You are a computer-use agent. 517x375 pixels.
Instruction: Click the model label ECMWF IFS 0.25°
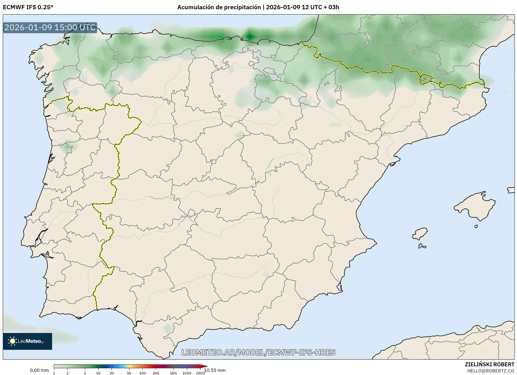tap(28, 7)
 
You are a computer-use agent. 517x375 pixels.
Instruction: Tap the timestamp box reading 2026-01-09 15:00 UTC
tap(50, 27)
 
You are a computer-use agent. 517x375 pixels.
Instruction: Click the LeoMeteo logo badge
tap(27, 341)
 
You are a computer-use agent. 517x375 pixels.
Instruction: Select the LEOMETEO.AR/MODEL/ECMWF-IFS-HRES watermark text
tap(258, 352)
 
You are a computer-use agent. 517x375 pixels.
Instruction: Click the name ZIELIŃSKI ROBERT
tap(489, 364)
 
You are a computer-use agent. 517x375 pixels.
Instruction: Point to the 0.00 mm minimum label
tap(39, 370)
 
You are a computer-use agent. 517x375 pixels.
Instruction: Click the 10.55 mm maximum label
tap(215, 370)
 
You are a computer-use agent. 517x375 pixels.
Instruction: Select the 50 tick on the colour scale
tap(129, 373)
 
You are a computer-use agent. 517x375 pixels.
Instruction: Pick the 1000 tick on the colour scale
tap(187, 373)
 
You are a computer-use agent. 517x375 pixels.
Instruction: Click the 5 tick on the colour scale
tap(85, 373)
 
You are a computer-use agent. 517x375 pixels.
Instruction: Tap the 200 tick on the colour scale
tap(156, 373)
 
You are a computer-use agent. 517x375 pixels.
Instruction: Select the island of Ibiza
tap(420, 233)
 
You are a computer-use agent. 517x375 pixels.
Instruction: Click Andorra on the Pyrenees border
tap(425, 79)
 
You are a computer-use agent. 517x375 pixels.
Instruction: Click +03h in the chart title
tap(334, 7)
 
